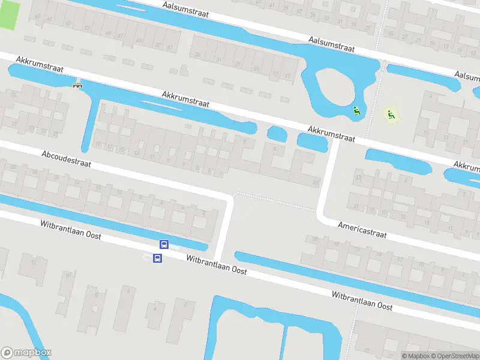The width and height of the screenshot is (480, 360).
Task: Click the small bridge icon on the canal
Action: pyautogui.click(x=77, y=85)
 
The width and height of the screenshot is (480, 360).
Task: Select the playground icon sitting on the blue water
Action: pyautogui.click(x=357, y=110)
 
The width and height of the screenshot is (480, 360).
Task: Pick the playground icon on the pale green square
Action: pyautogui.click(x=391, y=113)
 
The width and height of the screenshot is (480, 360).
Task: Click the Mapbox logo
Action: pyautogui.click(x=26, y=353)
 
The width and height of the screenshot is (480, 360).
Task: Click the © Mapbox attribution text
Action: pyautogui.click(x=416, y=356)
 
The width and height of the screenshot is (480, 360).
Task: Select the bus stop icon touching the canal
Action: pyautogui.click(x=163, y=244)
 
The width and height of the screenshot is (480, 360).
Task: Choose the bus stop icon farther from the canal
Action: pyautogui.click(x=157, y=259)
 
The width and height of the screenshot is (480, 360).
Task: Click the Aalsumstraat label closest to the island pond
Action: pyautogui.click(x=331, y=43)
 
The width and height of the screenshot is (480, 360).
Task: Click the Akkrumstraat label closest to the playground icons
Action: pyautogui.click(x=331, y=133)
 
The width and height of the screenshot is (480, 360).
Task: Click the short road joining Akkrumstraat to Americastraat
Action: pyautogui.click(x=328, y=180)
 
